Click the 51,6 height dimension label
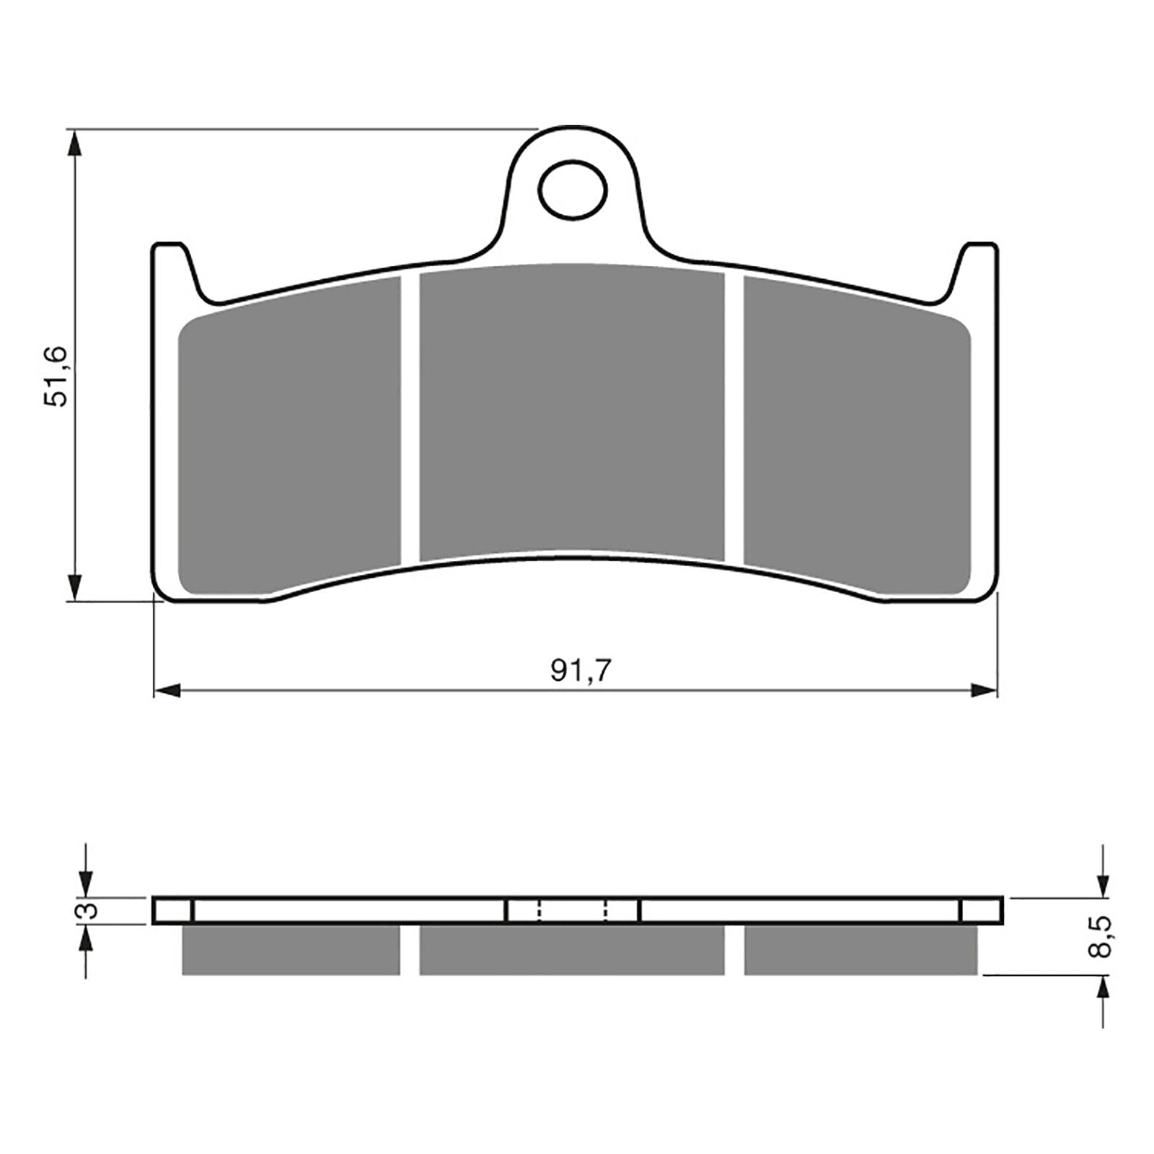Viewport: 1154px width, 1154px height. pos(56,376)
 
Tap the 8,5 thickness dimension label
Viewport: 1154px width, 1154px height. pos(1101,937)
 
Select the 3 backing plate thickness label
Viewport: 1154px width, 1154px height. pos(87,910)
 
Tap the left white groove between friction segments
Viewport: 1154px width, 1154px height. pos(410,418)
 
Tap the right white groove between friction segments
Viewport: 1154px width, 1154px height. pos(734,418)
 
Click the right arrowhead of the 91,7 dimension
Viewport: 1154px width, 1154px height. pos(984,691)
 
